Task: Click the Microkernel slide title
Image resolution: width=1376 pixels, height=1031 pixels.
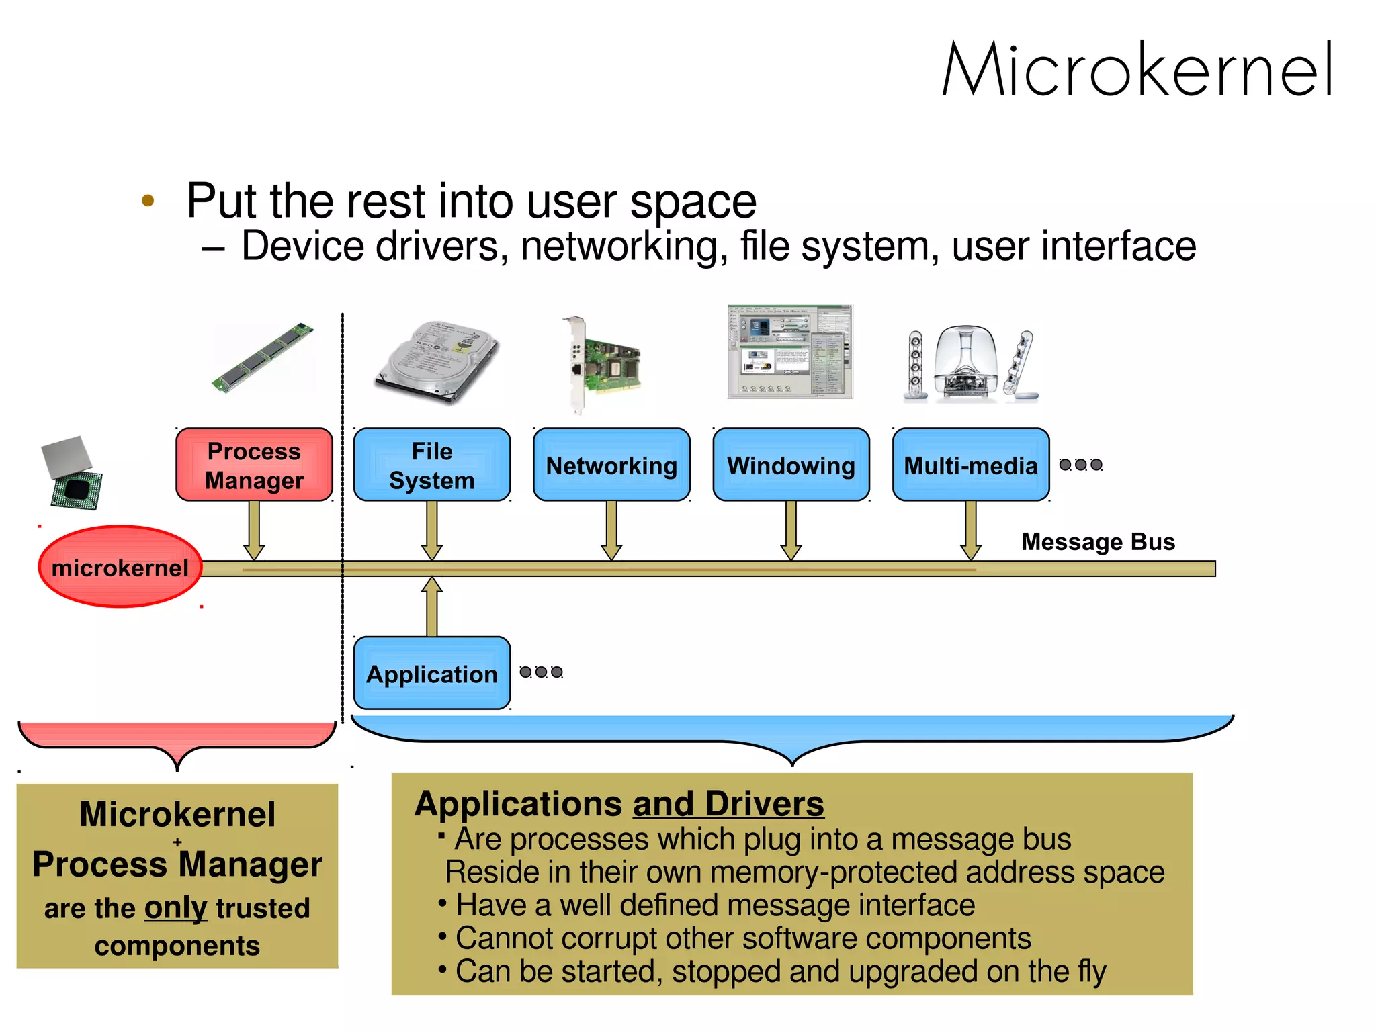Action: [1137, 69]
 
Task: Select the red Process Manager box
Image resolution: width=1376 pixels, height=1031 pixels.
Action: [254, 465]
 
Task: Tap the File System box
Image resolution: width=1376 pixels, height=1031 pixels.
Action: [431, 465]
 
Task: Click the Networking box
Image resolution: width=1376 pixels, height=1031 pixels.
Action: [611, 465]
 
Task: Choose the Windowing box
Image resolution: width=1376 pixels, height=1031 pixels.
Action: [791, 465]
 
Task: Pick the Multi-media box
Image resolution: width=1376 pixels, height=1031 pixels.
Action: [970, 465]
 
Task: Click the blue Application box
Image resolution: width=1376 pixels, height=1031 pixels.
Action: [431, 673]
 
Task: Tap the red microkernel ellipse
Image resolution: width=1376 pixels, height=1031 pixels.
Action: [120, 568]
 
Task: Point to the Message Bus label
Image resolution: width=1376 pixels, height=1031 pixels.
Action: [1098, 541]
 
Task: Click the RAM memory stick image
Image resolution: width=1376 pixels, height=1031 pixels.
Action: [263, 357]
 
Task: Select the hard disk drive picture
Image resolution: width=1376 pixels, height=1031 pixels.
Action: [437, 361]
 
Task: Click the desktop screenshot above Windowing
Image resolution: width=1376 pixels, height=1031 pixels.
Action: [790, 351]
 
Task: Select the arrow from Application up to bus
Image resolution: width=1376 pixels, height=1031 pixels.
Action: [431, 607]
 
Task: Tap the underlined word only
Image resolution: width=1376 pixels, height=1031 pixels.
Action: [175, 908]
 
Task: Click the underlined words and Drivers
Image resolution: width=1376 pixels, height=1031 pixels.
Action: [728, 804]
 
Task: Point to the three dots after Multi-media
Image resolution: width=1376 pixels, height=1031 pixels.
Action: [1080, 465]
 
